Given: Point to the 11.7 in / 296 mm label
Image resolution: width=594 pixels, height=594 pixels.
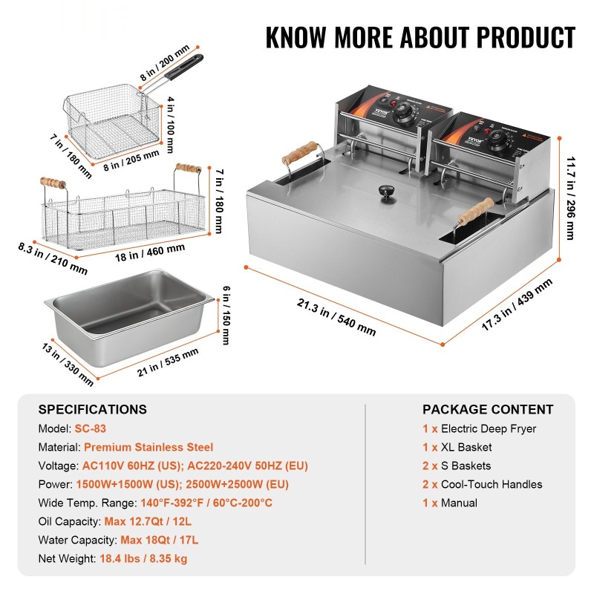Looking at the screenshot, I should click(569, 196).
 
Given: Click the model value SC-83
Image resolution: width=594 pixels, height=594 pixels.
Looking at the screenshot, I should click(91, 428).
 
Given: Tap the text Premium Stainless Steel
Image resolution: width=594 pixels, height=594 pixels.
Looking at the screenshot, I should click(148, 447).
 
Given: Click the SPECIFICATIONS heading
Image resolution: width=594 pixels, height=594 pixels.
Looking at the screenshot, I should click(93, 409).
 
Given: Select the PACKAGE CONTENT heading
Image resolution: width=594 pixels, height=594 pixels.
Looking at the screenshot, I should click(488, 409).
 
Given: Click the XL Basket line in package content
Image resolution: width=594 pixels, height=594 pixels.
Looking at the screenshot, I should click(466, 447).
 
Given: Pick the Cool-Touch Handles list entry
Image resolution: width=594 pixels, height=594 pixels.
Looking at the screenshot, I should click(492, 484).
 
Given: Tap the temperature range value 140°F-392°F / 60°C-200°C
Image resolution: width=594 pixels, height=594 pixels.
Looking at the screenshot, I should click(188, 503).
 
